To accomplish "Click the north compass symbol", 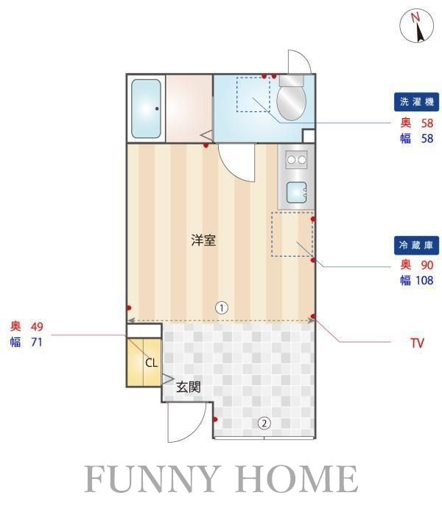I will [417, 27].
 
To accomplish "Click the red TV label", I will [417, 343].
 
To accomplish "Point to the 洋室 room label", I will [204, 241].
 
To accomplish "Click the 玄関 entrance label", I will [189, 385].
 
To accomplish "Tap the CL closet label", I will [151, 362].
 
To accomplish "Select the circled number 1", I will [220, 307].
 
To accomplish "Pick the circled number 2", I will [263, 423].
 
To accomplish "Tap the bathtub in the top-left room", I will [147, 108].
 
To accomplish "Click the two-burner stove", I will [297, 159].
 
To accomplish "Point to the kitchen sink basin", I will [296, 192].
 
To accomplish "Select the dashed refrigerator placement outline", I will [292, 234].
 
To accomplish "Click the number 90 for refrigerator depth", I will [427, 265].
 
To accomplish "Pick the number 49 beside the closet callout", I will [37, 326].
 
